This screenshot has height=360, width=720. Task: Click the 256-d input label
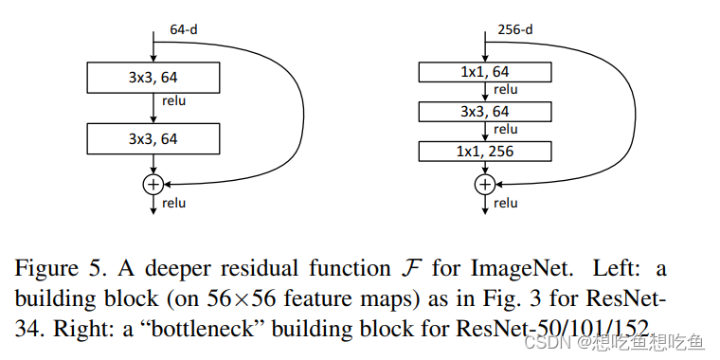pos(514,30)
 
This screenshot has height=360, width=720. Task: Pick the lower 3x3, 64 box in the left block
pos(153,138)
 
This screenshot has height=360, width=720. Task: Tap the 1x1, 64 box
pos(486,71)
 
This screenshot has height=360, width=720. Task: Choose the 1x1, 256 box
pos(486,151)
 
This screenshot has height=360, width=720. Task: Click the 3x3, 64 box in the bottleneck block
pos(486,111)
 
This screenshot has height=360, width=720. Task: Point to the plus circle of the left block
pos(153,184)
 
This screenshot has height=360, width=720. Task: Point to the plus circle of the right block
pos(486,184)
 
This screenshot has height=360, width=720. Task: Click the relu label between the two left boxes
pos(173,99)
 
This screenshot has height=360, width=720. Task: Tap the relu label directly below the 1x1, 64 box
pos(506,90)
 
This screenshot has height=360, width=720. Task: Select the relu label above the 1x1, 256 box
pos(506,130)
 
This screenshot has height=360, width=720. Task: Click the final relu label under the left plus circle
pos(173,203)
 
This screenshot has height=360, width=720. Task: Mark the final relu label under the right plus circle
pos(506,203)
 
